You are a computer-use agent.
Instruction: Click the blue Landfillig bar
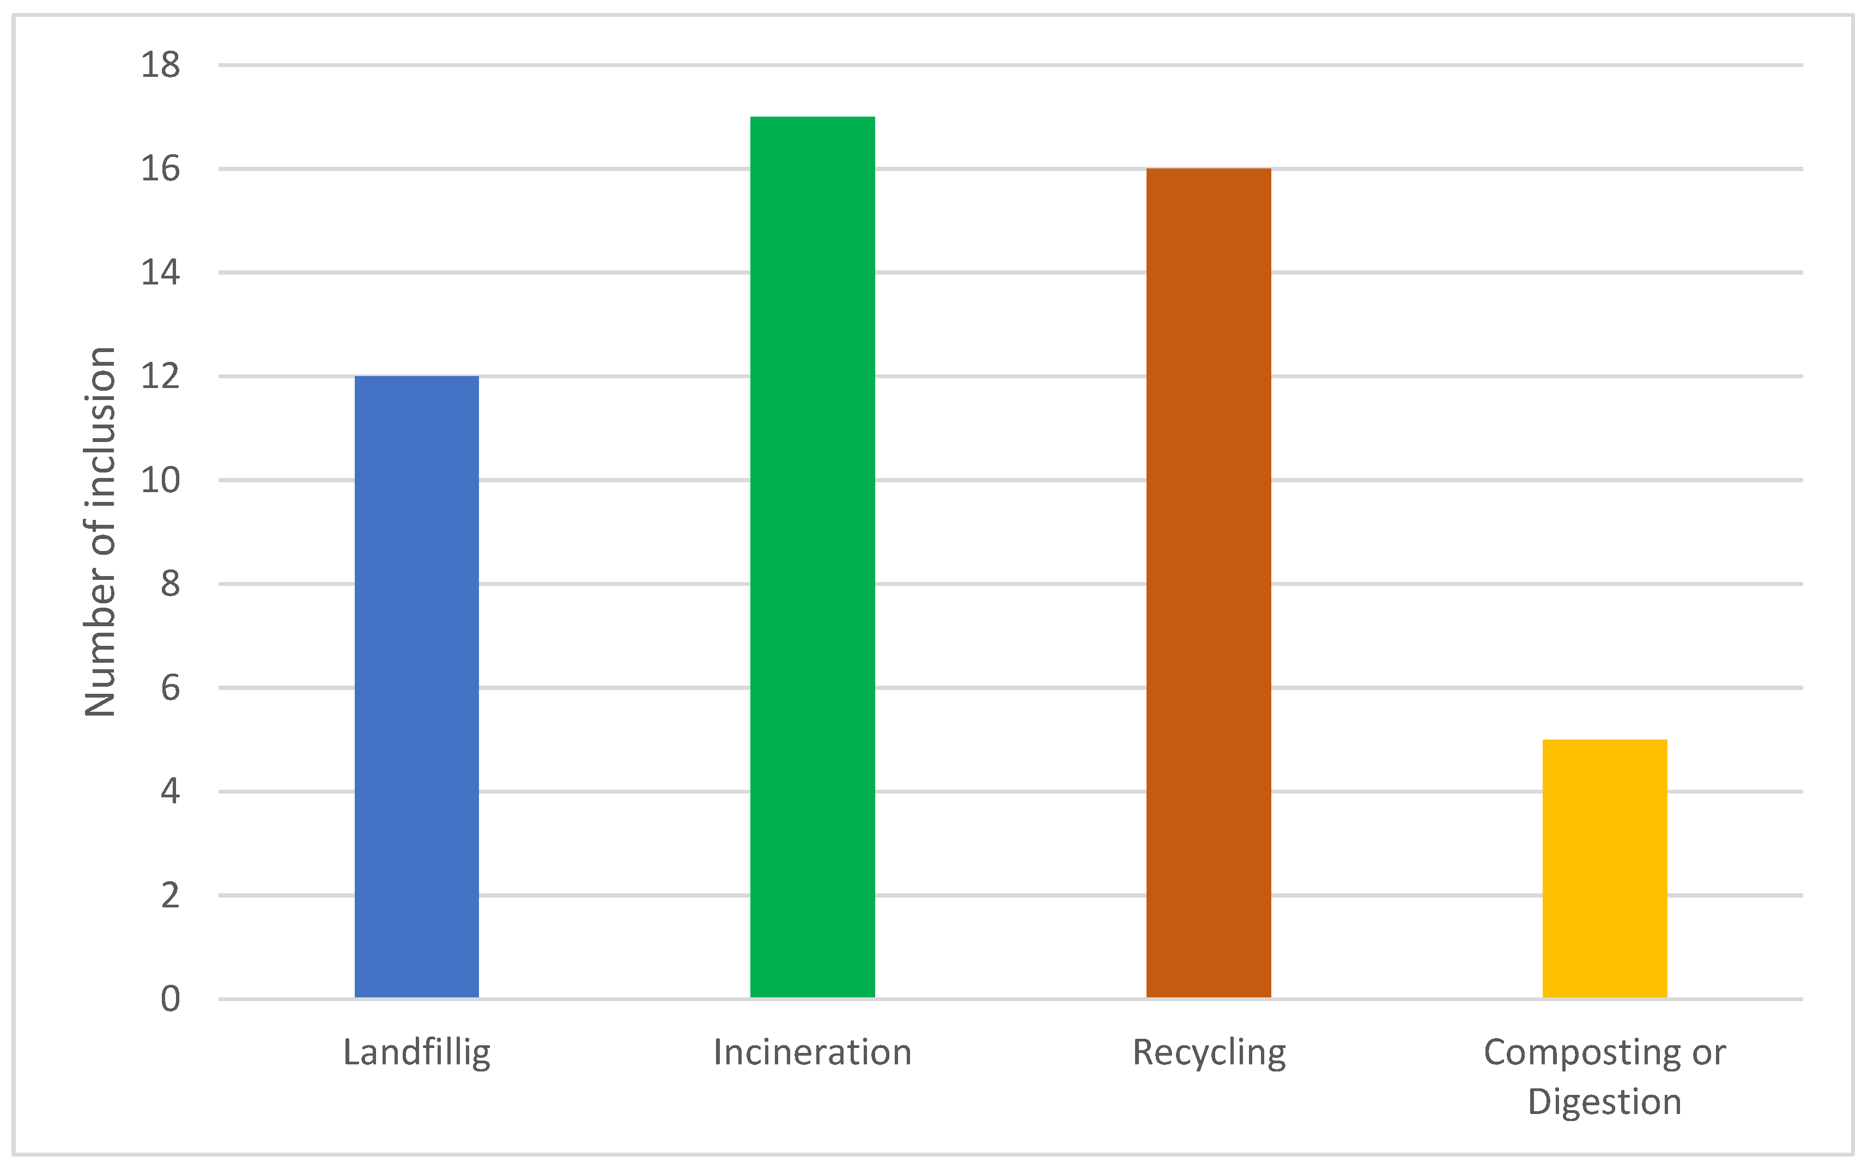click(416, 687)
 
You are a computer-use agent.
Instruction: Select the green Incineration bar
click(812, 557)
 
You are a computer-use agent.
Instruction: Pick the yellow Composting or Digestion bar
click(1604, 868)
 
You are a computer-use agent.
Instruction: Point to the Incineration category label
click(812, 1053)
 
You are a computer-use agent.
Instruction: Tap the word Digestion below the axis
click(1604, 1103)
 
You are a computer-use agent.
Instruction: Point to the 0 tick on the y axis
click(170, 1000)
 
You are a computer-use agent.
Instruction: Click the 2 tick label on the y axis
click(170, 895)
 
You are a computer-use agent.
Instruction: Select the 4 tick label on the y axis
click(170, 791)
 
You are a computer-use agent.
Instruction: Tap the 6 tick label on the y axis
click(170, 688)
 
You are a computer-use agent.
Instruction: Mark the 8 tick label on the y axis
click(170, 584)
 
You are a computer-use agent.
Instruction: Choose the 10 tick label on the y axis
click(160, 480)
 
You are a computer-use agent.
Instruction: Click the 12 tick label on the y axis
click(160, 376)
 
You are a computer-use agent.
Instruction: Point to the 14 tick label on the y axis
click(160, 272)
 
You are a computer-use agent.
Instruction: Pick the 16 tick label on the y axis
click(160, 168)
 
